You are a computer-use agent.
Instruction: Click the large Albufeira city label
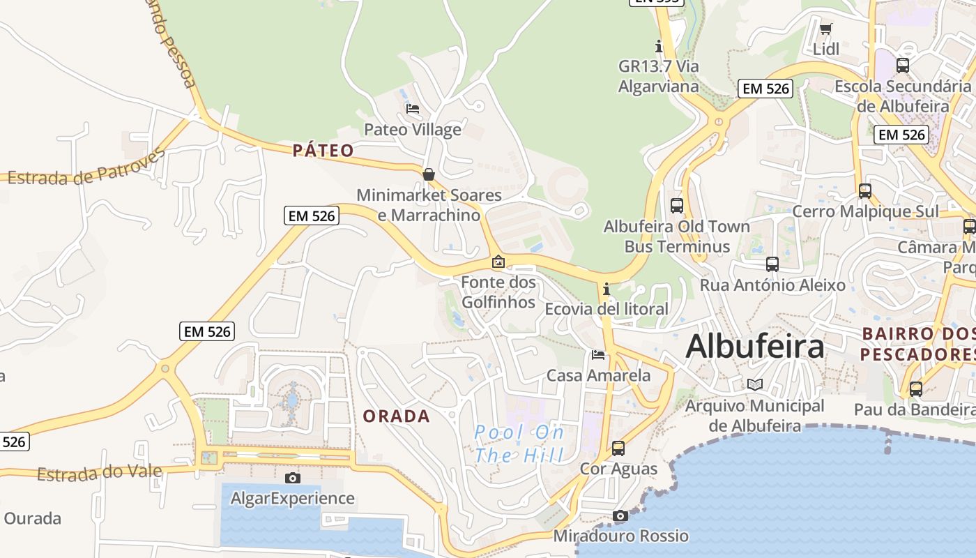(x=755, y=347)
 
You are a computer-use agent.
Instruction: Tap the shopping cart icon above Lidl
(x=826, y=29)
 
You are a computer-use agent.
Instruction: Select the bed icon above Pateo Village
(x=413, y=109)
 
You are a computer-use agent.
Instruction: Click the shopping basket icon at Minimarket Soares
(x=429, y=174)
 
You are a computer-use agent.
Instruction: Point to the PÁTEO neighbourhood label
(x=323, y=150)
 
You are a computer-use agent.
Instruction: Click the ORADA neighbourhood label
(x=397, y=416)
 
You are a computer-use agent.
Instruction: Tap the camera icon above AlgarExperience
(x=293, y=478)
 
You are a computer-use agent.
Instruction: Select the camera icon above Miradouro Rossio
(x=620, y=516)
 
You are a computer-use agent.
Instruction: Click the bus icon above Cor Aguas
(x=618, y=448)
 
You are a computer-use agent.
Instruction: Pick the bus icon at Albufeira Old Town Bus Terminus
(x=677, y=205)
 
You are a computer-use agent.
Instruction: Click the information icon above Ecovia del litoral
(x=607, y=288)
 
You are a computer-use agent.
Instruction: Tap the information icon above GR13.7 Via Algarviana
(x=659, y=47)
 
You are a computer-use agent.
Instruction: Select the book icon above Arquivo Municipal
(x=755, y=384)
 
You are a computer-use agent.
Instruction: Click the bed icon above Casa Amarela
(x=598, y=355)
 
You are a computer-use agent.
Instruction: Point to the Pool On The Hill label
(x=519, y=444)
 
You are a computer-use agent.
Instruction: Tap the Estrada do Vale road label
(x=99, y=474)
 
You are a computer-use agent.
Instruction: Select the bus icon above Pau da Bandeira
(x=916, y=389)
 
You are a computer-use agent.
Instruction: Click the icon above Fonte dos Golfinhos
(x=498, y=262)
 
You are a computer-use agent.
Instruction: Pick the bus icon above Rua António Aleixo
(x=772, y=264)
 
